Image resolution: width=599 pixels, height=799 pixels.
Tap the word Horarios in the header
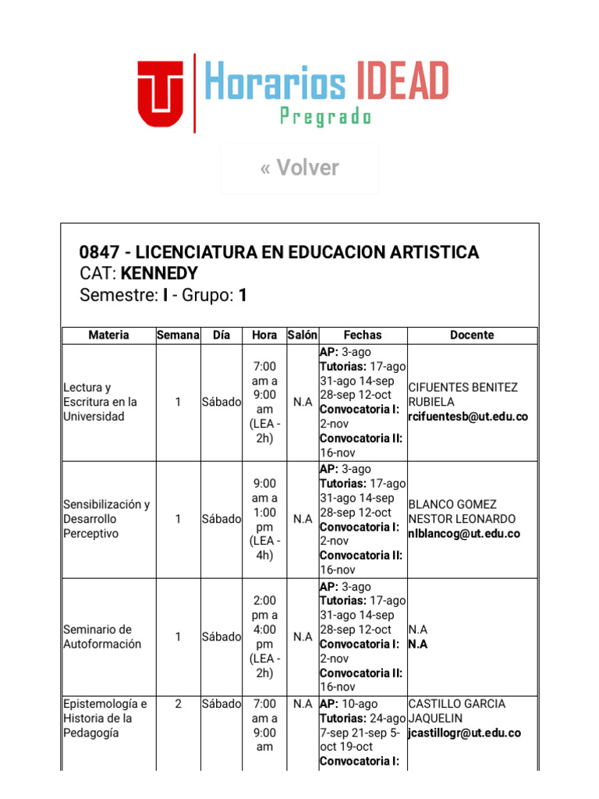[x=275, y=82]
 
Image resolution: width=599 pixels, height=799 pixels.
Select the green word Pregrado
[x=325, y=118]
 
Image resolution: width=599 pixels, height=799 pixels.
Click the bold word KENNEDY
[x=159, y=274]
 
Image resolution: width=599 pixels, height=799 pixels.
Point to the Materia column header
[x=108, y=335]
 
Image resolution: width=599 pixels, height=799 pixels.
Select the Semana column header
[x=178, y=335]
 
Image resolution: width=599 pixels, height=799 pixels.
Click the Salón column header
[x=302, y=335]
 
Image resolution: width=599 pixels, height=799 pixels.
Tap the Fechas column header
[x=363, y=335]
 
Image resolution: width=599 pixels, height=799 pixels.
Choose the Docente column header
[x=472, y=335]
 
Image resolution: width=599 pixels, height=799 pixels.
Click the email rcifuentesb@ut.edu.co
[x=467, y=417]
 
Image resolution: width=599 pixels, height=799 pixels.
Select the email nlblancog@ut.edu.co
[x=463, y=534]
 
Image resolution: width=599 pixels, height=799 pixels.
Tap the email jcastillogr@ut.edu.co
[x=464, y=733]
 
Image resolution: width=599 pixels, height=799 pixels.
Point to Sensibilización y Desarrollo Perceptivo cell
[x=106, y=519]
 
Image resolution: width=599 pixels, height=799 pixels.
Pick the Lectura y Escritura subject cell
[x=100, y=402]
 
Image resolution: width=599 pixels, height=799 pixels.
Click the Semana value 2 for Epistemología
[x=178, y=704]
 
